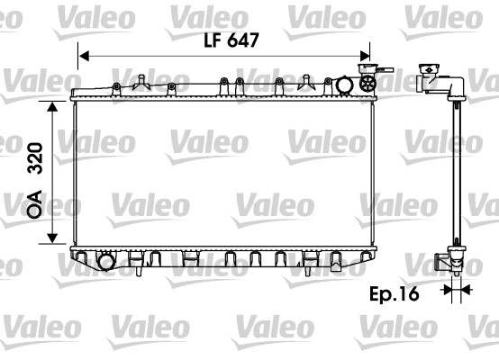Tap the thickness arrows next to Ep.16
(x=457, y=290)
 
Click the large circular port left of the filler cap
(x=345, y=85)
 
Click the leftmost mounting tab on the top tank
(x=117, y=86)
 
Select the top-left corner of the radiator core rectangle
(x=72, y=101)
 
